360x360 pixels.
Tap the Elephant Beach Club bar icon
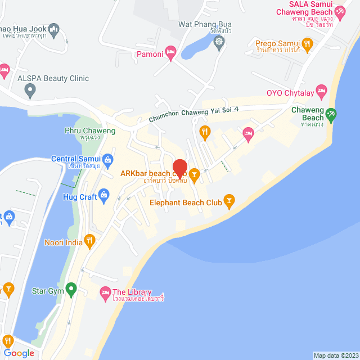click(229, 200)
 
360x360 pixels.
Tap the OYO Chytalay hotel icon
click(321, 90)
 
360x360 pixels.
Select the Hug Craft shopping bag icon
click(103, 195)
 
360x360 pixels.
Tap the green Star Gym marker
click(70, 290)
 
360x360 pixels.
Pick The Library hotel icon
click(105, 292)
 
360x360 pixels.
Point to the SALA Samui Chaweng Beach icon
click(340, 11)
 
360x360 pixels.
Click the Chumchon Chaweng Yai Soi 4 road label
click(194, 114)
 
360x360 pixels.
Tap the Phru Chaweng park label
click(90, 131)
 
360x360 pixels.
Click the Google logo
click(19, 353)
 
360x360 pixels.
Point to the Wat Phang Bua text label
click(205, 24)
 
